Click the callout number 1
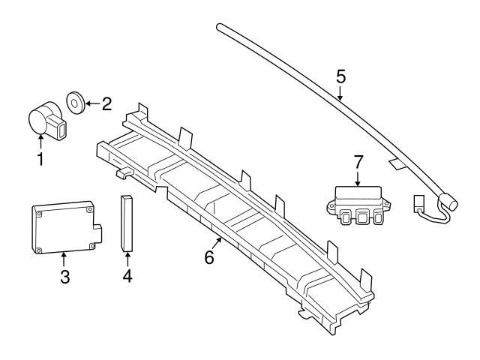click(40, 159)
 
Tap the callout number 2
click(106, 103)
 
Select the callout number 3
click(65, 276)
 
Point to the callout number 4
click(127, 276)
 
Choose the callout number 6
click(208, 256)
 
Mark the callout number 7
click(358, 161)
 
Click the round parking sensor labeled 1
click(45, 120)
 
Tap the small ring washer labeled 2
click(76, 100)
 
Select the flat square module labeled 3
click(63, 226)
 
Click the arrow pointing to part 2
click(91, 102)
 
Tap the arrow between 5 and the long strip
click(340, 94)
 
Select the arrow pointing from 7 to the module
click(358, 178)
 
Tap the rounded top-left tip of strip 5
click(220, 28)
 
